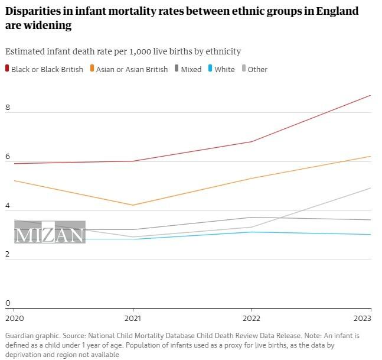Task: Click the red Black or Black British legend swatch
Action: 8,69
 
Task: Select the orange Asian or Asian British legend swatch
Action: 92,69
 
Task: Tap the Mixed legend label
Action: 191,69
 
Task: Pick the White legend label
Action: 224,69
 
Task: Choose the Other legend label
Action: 257,69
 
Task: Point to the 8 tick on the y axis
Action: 8,108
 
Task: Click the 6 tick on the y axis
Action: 8,157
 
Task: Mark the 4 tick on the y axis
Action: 8,206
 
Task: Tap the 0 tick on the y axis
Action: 8,303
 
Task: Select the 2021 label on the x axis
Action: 133,318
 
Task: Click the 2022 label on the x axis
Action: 252,318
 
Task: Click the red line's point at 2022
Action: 252,141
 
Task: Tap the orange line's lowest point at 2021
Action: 133,205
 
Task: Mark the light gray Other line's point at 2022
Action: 252,227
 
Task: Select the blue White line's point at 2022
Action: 252,232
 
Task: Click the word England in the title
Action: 336,11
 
